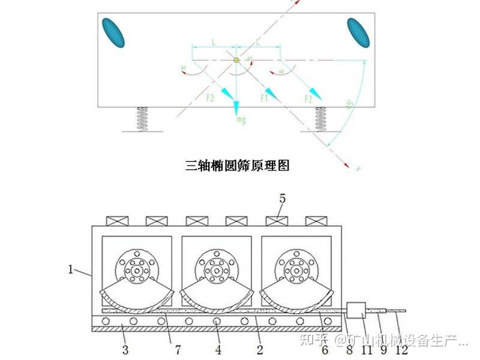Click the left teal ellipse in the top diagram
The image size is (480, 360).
113,33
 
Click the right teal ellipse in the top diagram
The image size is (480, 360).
358,32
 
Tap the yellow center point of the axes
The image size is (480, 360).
236,59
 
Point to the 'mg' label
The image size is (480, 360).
241,119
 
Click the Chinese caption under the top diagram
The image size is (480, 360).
237,166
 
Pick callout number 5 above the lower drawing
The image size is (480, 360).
282,199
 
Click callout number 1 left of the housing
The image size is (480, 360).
70,270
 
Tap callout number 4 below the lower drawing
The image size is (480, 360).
218,349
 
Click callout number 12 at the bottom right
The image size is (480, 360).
401,349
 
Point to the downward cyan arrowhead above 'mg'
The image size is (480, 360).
236,107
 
